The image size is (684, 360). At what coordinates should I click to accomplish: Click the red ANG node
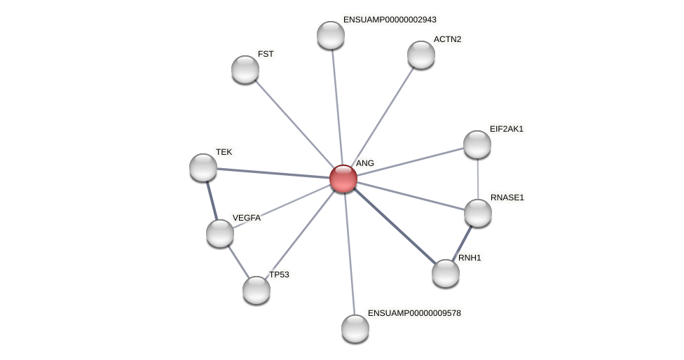(343, 179)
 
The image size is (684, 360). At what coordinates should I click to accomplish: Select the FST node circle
(245, 69)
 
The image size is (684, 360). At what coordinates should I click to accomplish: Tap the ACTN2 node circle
(421, 55)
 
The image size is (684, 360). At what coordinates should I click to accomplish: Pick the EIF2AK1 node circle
(477, 144)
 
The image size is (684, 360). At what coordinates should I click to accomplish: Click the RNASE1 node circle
(478, 213)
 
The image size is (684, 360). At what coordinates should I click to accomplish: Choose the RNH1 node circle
(446, 273)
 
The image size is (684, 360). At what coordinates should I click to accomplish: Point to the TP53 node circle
(256, 290)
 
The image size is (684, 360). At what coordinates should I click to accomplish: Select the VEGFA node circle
(220, 233)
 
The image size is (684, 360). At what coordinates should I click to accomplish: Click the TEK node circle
(203, 167)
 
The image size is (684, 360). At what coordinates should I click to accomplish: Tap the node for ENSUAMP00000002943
(331, 35)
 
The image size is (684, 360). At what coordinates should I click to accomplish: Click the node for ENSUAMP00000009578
(355, 328)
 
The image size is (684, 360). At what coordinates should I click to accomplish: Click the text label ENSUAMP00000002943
(390, 20)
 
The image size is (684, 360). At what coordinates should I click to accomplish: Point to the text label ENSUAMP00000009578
(414, 313)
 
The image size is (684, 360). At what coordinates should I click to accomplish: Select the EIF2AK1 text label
(506, 129)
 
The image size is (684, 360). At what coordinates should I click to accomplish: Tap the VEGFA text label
(247, 218)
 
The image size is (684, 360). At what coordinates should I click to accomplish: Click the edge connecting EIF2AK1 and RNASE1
(478, 179)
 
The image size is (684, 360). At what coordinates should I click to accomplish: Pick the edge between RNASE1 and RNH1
(462, 243)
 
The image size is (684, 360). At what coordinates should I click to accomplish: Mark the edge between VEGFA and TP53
(238, 262)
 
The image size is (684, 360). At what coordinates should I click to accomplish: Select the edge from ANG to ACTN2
(382, 117)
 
